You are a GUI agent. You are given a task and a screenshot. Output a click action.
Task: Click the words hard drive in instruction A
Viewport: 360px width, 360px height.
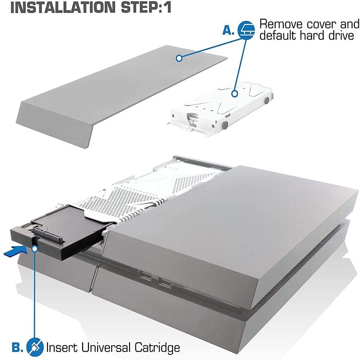click(x=329, y=36)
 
